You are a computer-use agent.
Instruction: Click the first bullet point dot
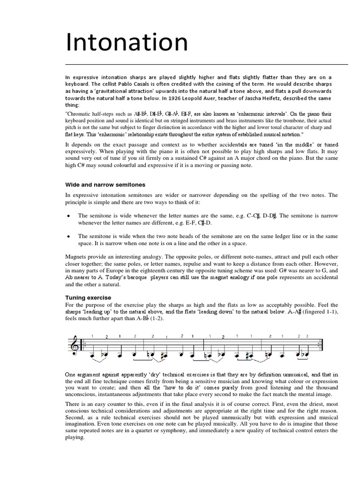click(x=69, y=216)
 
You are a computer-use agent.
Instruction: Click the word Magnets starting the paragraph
click(x=77, y=257)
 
